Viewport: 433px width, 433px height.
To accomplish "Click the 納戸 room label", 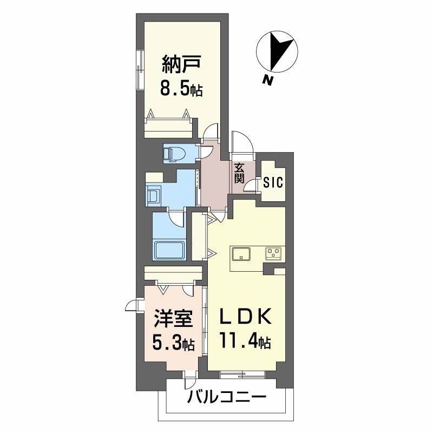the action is coord(181,64).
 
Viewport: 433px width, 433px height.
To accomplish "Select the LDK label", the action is coord(245,316).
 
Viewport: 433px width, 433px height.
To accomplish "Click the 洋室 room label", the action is coord(173,318).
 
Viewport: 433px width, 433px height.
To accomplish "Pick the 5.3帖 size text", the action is coord(173,343).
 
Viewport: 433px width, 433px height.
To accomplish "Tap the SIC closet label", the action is coord(273,182).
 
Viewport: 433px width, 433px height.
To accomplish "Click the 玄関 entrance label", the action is coord(239,173).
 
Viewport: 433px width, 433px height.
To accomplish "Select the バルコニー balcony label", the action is coord(227,397).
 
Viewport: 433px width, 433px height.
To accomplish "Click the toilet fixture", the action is coord(174,154).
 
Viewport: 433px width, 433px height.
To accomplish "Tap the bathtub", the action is coord(169,250).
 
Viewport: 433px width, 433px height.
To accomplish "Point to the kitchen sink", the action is coord(241,254).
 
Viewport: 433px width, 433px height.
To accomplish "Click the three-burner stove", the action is coord(274,253).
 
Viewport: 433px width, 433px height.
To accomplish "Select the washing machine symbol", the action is coord(154,195).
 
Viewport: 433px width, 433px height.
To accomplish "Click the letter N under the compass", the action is coord(267,80).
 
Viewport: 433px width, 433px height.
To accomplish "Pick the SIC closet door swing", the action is coord(251,185).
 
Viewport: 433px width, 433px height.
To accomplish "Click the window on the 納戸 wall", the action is coord(140,70).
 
